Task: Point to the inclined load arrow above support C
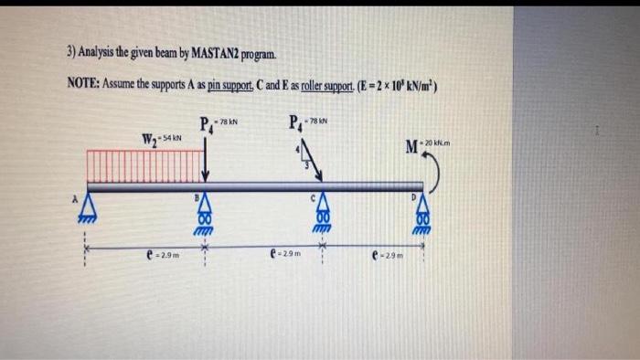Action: pos(309,164)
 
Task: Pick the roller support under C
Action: pos(321,215)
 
